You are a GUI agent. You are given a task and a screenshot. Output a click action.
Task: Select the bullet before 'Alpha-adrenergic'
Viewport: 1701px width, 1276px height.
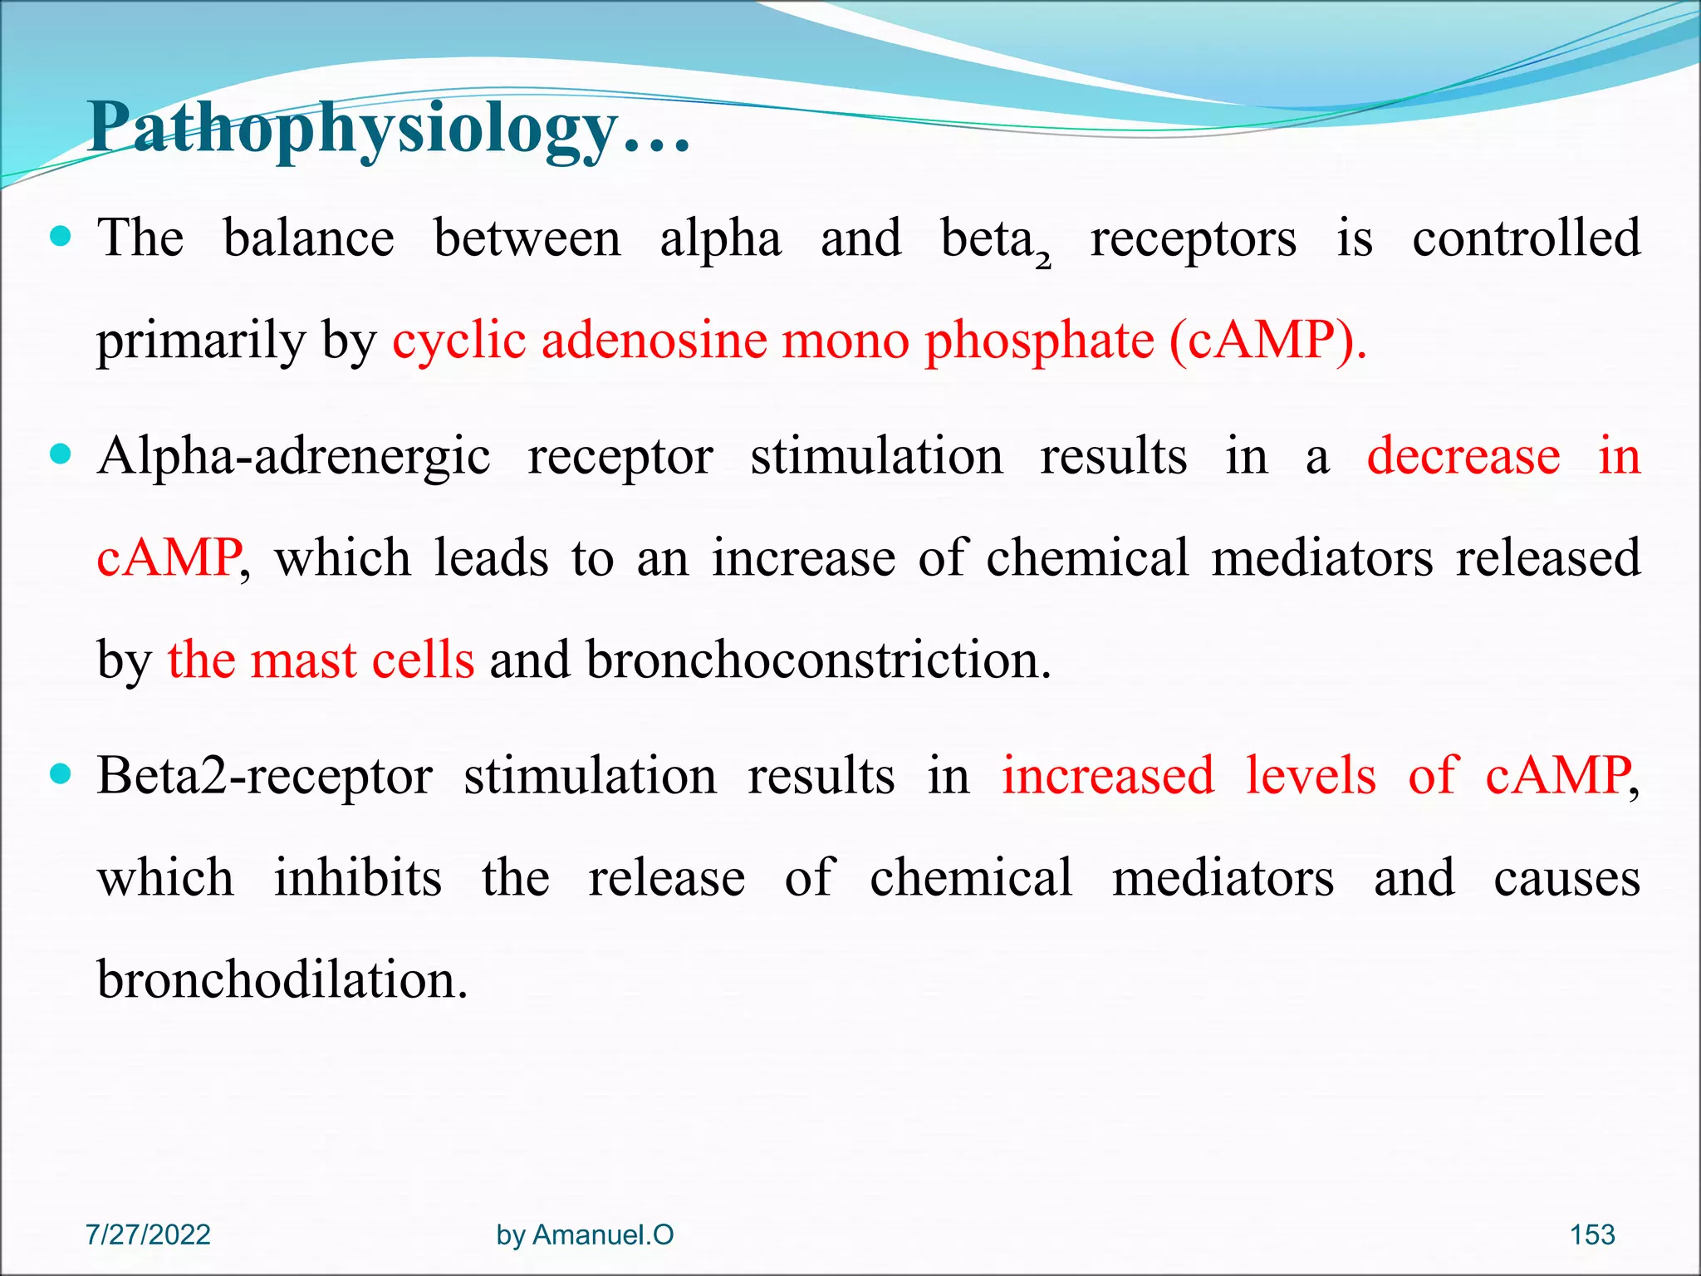click(x=61, y=455)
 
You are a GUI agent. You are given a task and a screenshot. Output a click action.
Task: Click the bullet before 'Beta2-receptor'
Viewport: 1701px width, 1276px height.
click(x=61, y=775)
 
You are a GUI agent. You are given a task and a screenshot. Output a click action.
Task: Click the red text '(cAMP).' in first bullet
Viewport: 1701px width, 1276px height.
click(x=1267, y=341)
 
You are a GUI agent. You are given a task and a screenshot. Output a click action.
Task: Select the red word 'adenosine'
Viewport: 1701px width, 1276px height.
click(x=654, y=341)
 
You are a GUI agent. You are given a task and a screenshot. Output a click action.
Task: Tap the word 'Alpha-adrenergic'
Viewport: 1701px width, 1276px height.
click(x=293, y=457)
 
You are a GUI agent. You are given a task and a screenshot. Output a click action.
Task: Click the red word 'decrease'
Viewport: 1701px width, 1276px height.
click(x=1463, y=457)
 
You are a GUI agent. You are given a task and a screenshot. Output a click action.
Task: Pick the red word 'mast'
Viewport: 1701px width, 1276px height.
click(x=302, y=660)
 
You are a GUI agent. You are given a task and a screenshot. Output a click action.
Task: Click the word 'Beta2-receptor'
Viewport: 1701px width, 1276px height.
click(x=264, y=777)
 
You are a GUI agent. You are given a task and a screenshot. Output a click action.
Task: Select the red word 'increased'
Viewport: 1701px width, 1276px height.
click(x=1107, y=777)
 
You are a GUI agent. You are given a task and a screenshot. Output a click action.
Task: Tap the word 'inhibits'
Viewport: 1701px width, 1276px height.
click(x=358, y=878)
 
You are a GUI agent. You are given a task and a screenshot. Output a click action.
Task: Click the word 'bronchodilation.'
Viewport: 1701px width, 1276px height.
click(x=282, y=980)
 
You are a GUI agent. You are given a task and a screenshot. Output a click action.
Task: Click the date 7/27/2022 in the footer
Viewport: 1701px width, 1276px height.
click(x=148, y=1234)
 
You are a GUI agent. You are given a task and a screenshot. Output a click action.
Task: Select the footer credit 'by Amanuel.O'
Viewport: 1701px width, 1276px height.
click(x=585, y=1234)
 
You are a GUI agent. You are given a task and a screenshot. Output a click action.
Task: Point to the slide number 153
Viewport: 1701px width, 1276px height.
click(x=1591, y=1234)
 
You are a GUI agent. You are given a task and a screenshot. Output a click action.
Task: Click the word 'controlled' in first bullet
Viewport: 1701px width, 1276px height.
click(x=1526, y=238)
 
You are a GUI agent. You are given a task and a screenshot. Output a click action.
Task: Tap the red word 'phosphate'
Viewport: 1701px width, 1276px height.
click(x=1039, y=341)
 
